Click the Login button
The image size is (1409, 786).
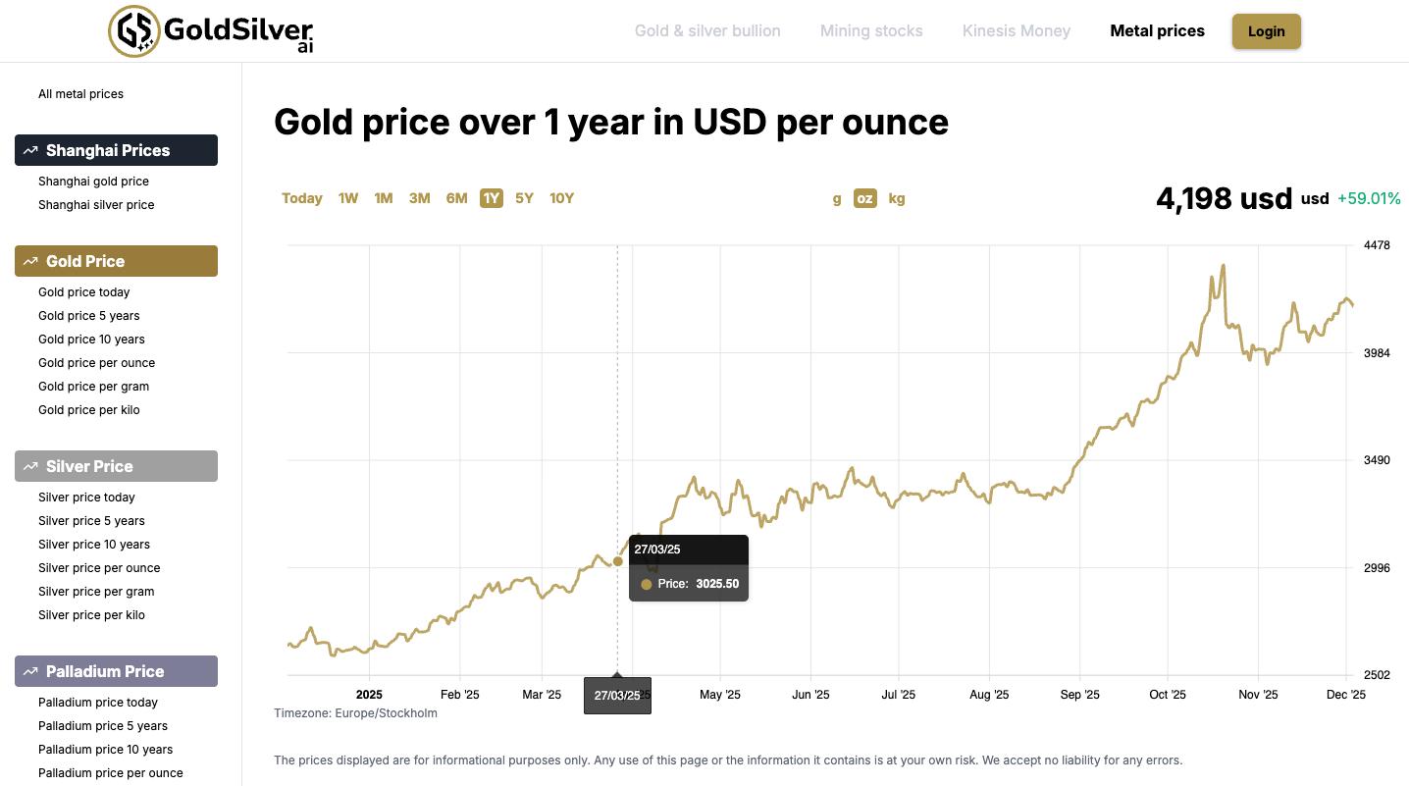point(1266,31)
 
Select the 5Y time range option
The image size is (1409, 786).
point(524,198)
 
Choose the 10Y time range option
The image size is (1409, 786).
point(561,198)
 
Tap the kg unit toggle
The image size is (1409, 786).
point(896,198)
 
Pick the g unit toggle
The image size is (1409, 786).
point(836,198)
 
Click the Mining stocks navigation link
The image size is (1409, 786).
point(871,31)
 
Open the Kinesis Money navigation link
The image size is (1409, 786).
point(1016,31)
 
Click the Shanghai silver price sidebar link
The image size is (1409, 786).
point(96,205)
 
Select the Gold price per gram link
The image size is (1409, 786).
point(93,387)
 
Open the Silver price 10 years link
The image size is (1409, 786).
point(93,545)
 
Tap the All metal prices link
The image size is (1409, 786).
point(80,94)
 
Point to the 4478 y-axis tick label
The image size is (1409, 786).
point(1377,245)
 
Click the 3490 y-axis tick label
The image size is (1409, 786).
point(1377,460)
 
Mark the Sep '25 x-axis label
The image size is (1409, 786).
point(1078,695)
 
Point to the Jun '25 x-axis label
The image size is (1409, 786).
point(809,695)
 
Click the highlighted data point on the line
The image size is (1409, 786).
point(617,561)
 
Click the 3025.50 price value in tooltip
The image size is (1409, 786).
point(716,584)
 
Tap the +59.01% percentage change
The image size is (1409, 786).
point(1369,198)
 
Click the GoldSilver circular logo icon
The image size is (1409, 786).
point(133,31)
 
